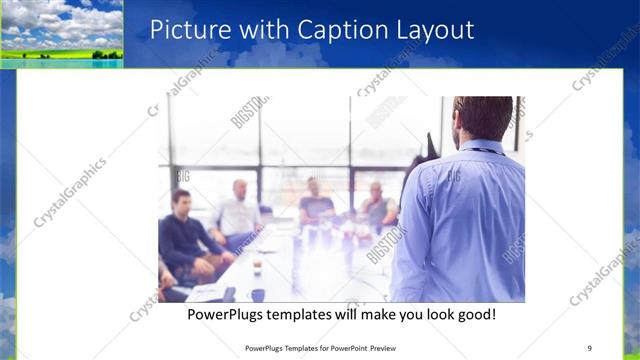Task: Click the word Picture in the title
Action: coord(184,30)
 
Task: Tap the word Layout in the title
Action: coord(431,30)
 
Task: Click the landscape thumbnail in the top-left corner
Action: coord(62,33)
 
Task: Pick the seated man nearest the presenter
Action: coord(376,204)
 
